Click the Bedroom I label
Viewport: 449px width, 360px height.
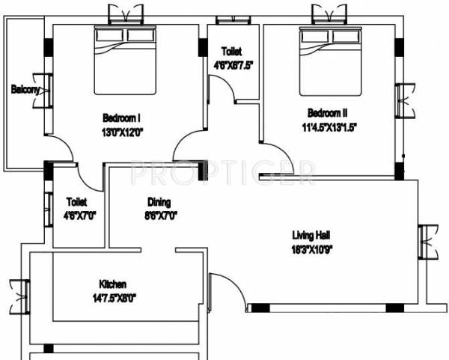click(121, 118)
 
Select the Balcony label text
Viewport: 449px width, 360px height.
click(26, 90)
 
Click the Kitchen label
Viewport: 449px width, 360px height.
click(112, 284)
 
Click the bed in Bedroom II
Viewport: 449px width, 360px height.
click(329, 61)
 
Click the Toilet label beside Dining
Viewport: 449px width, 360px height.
click(76, 202)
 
